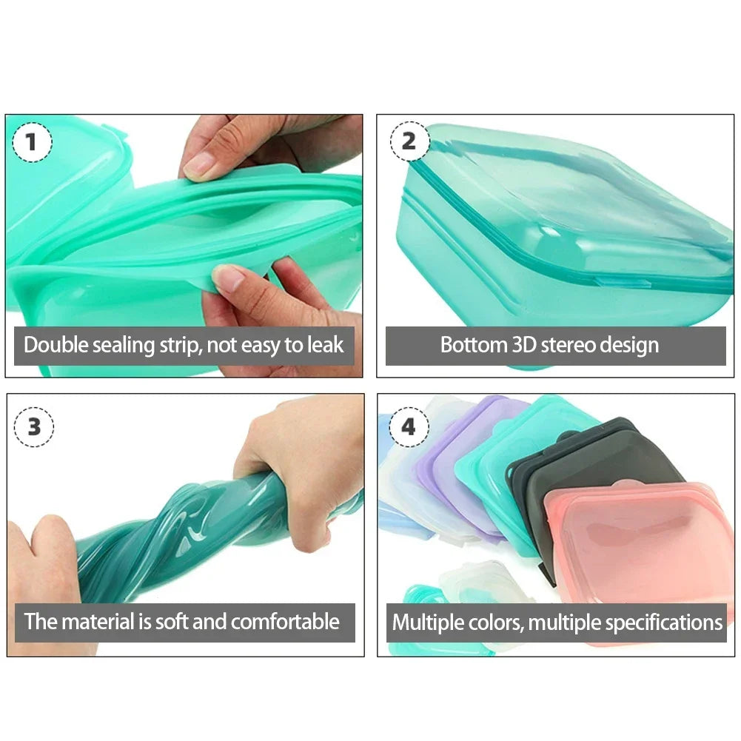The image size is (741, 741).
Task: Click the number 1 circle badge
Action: click(32, 142)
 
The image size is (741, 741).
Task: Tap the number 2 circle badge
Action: click(409, 141)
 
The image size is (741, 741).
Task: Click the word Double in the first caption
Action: click(55, 345)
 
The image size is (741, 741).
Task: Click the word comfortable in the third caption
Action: click(285, 621)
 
